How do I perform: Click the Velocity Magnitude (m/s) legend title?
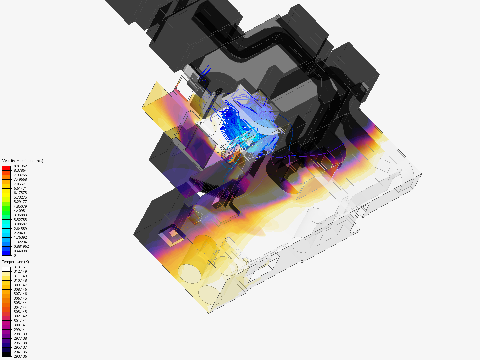[23, 161]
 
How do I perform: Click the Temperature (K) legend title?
[16, 262]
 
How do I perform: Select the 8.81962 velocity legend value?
[20, 166]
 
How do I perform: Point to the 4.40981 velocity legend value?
[20, 211]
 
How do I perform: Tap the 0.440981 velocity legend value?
[21, 251]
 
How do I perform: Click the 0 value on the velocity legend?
[15, 255]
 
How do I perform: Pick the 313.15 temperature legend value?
[19, 267]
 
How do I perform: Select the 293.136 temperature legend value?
[20, 356]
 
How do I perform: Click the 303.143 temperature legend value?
[20, 312]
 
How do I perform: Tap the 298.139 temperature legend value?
[20, 334]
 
